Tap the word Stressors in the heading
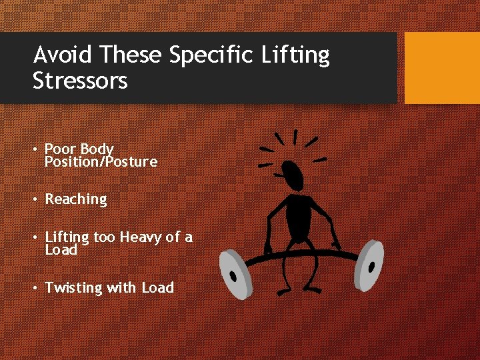(80, 81)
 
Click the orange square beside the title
(442, 68)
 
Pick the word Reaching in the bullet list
(75, 199)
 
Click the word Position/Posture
(101, 161)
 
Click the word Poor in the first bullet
(59, 149)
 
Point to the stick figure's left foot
(285, 291)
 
